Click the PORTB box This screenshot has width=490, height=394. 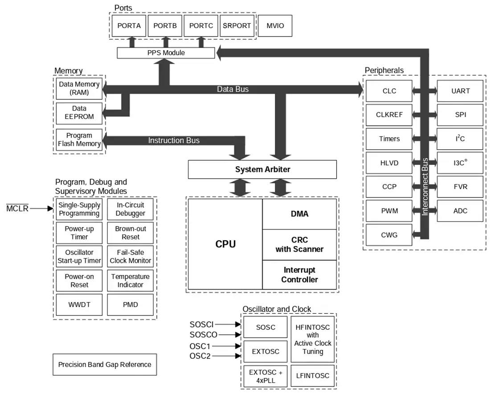coord(165,26)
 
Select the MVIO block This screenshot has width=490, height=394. coord(275,26)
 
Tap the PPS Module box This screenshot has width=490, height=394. coord(166,53)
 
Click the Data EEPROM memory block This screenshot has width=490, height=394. coord(79,113)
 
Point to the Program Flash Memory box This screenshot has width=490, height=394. coord(79,140)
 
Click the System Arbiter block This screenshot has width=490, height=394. coord(262,169)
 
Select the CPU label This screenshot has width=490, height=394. coord(225,244)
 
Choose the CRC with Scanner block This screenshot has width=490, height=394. coord(299,245)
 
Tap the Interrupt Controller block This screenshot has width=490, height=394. coord(299,275)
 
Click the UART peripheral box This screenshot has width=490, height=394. coord(460,91)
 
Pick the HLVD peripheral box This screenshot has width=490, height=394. coord(389,163)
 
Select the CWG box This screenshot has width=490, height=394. coord(389,235)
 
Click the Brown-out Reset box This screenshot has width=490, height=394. coord(131,233)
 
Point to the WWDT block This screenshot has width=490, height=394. coord(79,304)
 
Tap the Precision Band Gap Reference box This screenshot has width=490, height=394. coord(105,365)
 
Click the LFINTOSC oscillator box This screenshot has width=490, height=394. coord(313,376)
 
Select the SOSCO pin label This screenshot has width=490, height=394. coord(204,335)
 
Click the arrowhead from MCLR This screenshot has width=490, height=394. coord(50,208)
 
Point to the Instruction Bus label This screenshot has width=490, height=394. coord(174,140)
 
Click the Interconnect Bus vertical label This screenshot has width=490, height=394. coord(425,187)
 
